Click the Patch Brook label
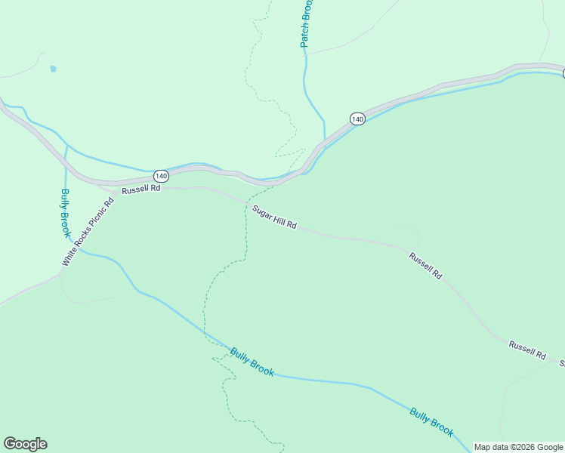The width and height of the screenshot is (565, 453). coord(306,23)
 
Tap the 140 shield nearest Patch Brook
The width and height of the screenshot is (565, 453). coord(357,119)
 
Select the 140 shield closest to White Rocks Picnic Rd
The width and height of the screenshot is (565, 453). coord(160,176)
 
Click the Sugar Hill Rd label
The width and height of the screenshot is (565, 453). coord(275,217)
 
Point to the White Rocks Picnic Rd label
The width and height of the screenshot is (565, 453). coord(88,232)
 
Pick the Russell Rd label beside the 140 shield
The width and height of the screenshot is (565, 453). coord(141,190)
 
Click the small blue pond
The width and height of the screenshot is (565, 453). coord(53,69)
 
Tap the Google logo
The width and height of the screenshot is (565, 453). coord(25,444)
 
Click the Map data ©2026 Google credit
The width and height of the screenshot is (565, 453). coord(518,447)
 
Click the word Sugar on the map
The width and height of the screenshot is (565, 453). coord(261,211)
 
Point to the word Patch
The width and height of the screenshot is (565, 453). coord(305,35)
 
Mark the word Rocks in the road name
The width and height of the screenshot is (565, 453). coord(82,239)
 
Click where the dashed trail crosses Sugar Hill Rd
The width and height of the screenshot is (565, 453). coord(246,203)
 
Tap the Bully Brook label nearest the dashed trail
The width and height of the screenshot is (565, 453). coord(252,362)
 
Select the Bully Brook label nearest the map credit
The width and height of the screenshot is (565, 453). coord(432,422)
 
